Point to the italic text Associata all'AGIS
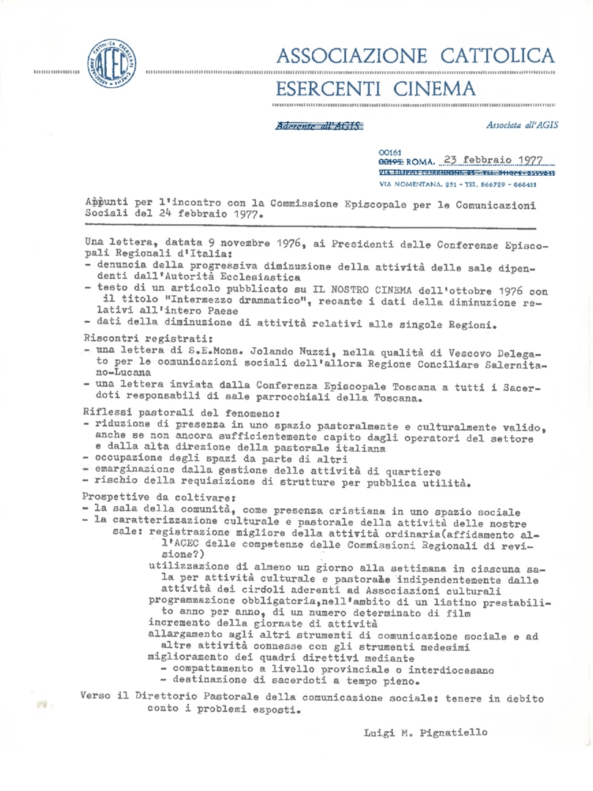coord(521,125)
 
